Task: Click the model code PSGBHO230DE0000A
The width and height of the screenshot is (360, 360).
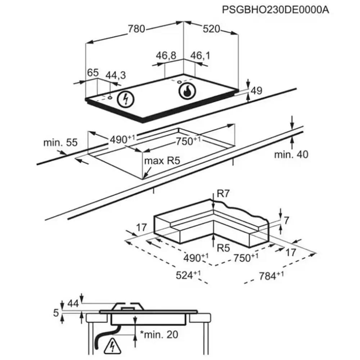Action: pos(275,10)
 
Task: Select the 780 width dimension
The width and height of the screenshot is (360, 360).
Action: pos(137,29)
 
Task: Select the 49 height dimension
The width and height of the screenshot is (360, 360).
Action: pos(256,91)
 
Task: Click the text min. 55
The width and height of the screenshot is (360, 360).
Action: pos(60,142)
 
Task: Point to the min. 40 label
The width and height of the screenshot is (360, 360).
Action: pos(291,154)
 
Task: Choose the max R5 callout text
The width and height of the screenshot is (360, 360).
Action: pos(162,161)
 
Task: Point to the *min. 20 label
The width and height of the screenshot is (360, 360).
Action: pos(158,335)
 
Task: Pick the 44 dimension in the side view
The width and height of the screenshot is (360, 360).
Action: pos(73,303)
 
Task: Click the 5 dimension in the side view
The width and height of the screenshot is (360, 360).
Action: pos(56,313)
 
